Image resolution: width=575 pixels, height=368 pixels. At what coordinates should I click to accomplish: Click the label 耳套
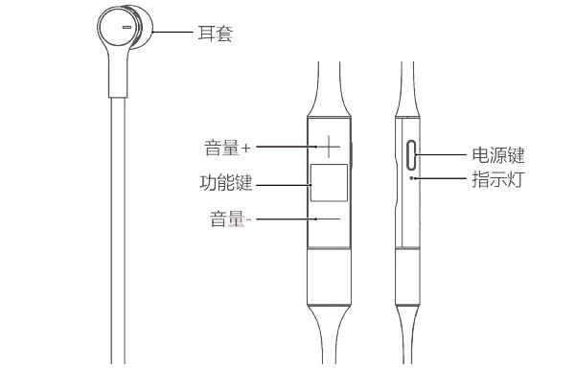217,34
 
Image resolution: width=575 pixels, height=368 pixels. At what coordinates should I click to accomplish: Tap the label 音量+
227,149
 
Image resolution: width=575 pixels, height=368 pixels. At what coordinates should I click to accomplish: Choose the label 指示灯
497,178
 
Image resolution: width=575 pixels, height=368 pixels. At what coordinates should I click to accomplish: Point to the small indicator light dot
412,177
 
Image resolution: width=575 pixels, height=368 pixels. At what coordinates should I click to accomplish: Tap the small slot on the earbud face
126,29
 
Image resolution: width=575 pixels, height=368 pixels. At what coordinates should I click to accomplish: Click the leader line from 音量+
283,148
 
